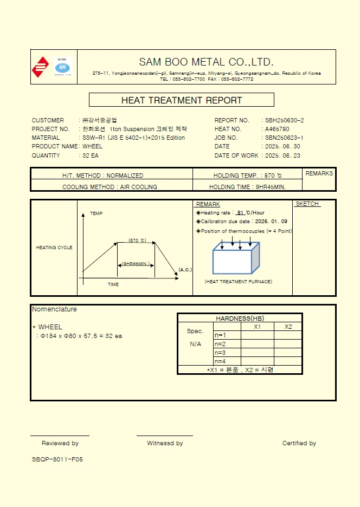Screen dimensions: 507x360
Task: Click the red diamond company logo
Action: click(40, 67)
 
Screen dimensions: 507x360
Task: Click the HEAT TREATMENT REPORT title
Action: click(182, 100)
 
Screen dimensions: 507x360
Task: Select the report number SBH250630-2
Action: click(285, 120)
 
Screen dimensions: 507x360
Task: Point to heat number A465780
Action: click(277, 129)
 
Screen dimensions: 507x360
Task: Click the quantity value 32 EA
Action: click(91, 155)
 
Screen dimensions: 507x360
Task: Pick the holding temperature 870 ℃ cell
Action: click(247, 175)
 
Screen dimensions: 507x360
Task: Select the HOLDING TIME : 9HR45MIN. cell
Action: click(247, 187)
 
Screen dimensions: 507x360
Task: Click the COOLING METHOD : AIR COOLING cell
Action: click(110, 187)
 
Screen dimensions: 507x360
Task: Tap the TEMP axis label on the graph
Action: click(96, 213)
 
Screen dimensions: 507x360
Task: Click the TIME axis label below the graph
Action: click(113, 284)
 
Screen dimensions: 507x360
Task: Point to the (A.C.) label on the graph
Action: click(185, 270)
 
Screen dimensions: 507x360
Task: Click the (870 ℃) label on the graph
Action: click(137, 240)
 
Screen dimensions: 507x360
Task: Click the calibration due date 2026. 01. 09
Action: click(271, 222)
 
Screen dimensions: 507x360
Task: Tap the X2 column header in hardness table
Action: click(288, 327)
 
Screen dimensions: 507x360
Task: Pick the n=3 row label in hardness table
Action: click(220, 353)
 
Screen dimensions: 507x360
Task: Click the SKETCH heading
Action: click(307, 204)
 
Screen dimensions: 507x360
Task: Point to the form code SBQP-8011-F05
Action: click(57, 459)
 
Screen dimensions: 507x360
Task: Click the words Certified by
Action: click(299, 443)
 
